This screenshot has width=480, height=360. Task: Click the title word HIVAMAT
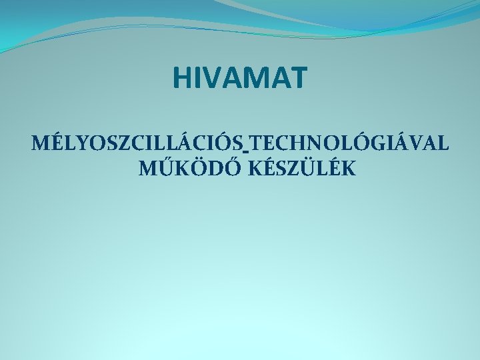[240, 77]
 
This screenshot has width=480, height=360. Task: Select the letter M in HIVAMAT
[260, 77]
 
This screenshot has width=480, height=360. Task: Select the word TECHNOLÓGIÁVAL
[347, 143]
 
